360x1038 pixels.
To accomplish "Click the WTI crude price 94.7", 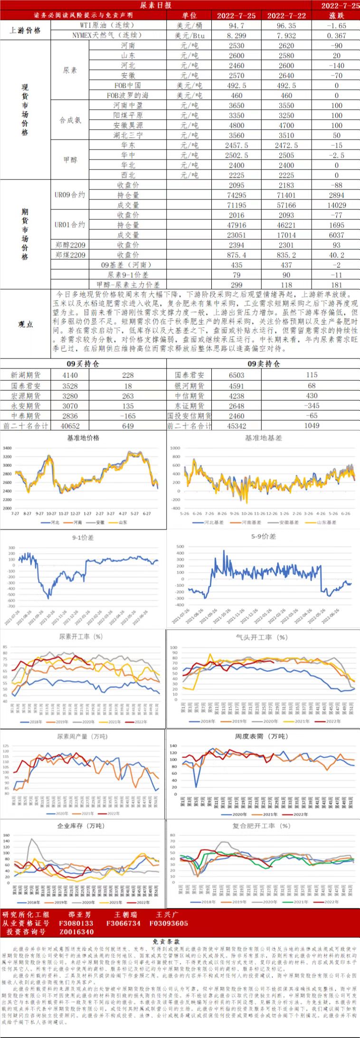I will (x=236, y=26).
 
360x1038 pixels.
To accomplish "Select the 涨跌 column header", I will (x=336, y=16).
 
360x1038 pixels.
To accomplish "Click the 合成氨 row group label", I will (x=70, y=121).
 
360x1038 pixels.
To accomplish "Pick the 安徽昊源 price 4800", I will (x=236, y=125).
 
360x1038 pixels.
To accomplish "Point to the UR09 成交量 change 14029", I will (x=336, y=205).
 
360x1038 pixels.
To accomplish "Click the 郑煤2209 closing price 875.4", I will (x=236, y=255).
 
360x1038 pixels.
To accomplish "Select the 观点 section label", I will (x=25, y=324).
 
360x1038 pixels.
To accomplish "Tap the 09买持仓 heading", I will (x=83, y=364).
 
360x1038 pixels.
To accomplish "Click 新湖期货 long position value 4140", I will (x=70, y=375).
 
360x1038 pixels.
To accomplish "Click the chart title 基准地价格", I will (x=83, y=438).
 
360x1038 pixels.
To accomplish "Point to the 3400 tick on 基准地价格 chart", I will (x=7, y=448).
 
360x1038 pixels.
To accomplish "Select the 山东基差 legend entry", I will (x=324, y=522).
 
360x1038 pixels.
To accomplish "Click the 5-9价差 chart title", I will (x=264, y=537).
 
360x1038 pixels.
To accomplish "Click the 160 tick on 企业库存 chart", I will (x=7, y=836).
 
